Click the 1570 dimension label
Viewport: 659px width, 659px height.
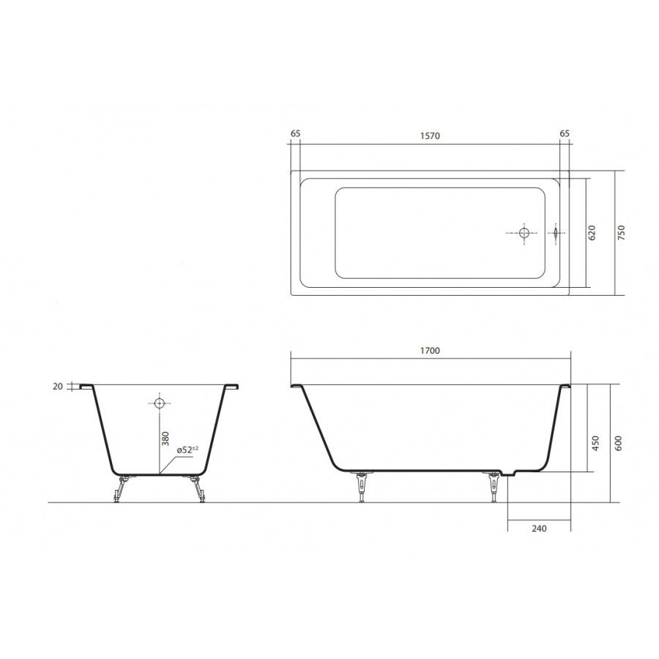coord(430,135)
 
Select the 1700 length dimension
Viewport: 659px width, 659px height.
coord(430,351)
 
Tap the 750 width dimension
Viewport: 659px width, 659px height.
coord(622,232)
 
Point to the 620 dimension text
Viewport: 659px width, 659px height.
coord(592,232)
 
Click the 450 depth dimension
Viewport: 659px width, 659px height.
coord(595,443)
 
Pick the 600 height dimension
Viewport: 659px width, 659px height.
coord(618,443)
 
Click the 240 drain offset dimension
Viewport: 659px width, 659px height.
coord(539,528)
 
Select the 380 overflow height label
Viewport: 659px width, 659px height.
coord(165,439)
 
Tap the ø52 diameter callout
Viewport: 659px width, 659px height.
coord(187,450)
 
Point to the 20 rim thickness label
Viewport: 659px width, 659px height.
coord(58,386)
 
